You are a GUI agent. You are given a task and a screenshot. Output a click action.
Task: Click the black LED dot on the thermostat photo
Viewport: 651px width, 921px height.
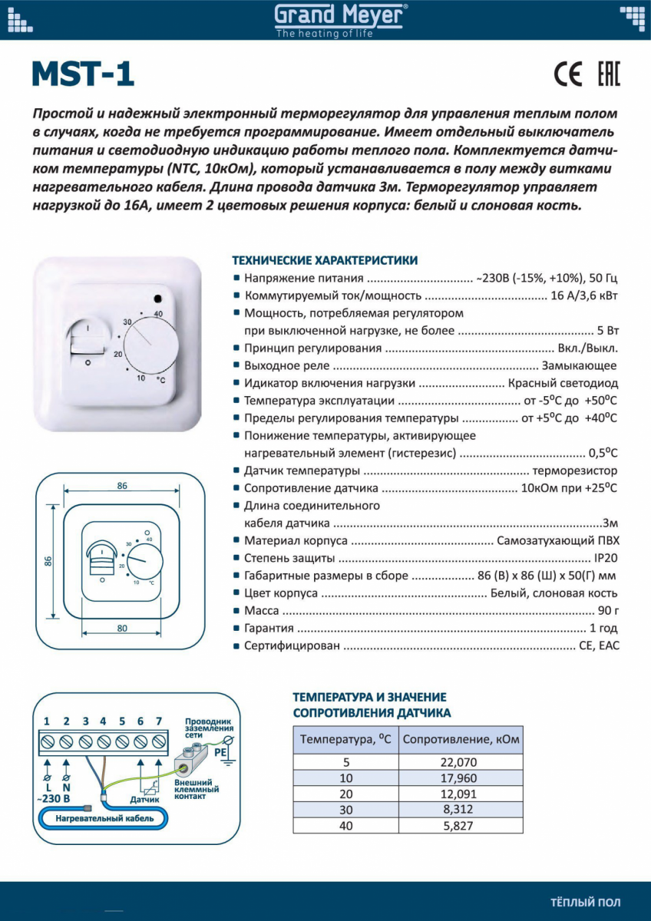click(x=157, y=299)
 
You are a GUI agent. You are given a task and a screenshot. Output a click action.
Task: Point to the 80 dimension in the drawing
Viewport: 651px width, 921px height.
click(x=121, y=629)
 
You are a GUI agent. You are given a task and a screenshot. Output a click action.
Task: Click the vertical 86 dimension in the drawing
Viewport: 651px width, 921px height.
click(x=48, y=561)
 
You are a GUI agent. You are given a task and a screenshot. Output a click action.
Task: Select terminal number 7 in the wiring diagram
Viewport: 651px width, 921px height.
click(x=159, y=721)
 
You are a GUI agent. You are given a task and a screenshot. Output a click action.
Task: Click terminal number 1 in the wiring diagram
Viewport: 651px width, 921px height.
click(x=48, y=721)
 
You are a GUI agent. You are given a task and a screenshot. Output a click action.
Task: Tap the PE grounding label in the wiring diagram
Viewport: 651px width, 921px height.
click(x=220, y=753)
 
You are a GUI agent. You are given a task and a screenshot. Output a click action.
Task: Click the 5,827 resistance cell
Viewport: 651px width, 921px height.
click(x=461, y=826)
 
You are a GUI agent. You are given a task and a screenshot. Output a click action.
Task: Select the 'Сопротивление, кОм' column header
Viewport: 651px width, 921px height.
click(x=461, y=740)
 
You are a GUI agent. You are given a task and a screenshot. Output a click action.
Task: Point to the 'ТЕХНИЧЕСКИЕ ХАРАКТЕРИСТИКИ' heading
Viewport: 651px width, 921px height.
click(x=325, y=260)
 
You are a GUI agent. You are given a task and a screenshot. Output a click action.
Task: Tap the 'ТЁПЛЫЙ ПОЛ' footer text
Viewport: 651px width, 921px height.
click(x=586, y=903)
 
